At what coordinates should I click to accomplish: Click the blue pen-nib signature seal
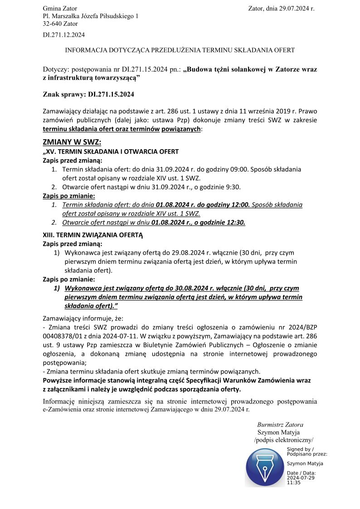(265, 467)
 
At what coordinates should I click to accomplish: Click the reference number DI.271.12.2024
(63, 34)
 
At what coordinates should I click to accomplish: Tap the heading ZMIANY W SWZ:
(72, 142)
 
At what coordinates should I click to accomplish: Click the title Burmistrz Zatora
(280, 425)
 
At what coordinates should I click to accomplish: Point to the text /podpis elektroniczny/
(284, 440)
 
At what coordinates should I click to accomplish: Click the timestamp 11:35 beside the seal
(294, 483)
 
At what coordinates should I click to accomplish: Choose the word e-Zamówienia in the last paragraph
(63, 409)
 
